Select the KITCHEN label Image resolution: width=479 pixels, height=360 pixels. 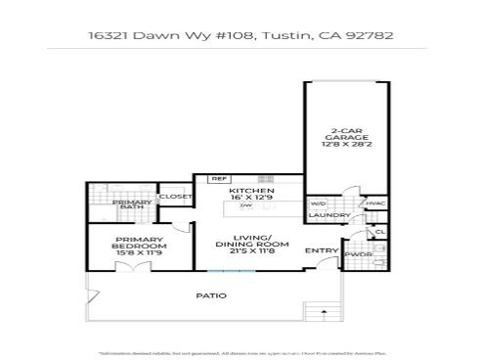pos(251,190)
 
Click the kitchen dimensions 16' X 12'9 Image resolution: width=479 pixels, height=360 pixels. pos(251,199)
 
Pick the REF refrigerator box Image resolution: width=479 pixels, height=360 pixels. pos(219,179)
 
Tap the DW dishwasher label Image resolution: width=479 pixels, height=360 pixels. pos(246,206)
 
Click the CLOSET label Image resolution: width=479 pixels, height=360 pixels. pos(176,197)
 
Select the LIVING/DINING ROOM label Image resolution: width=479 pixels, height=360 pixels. pos(252,242)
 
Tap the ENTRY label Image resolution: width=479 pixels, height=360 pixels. pos(322,251)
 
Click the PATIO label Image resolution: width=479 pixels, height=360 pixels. pos(211,295)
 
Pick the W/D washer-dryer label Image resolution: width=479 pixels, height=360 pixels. pos(318,203)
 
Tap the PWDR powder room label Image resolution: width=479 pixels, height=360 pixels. pos(357,254)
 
